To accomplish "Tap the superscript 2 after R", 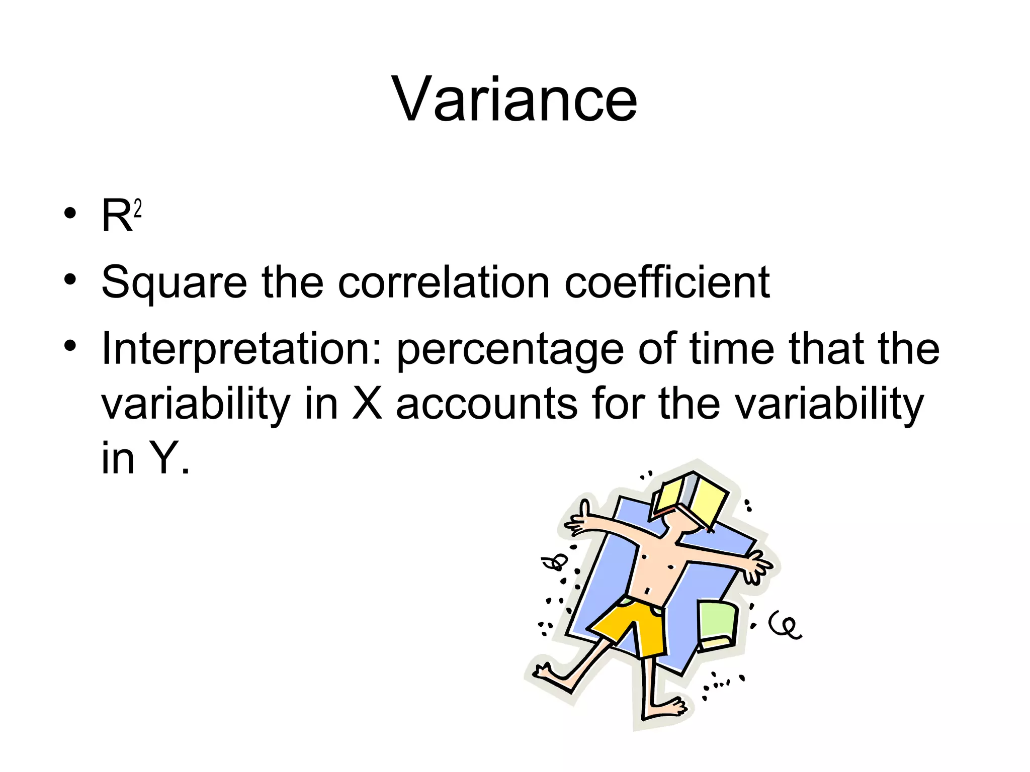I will click(x=138, y=209).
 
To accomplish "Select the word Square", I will click(x=174, y=283).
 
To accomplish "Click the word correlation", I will click(x=444, y=282).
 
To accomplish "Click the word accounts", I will click(x=487, y=405).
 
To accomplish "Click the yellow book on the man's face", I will click(x=691, y=500).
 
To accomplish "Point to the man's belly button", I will click(x=648, y=590).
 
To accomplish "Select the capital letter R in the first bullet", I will click(x=117, y=216).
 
